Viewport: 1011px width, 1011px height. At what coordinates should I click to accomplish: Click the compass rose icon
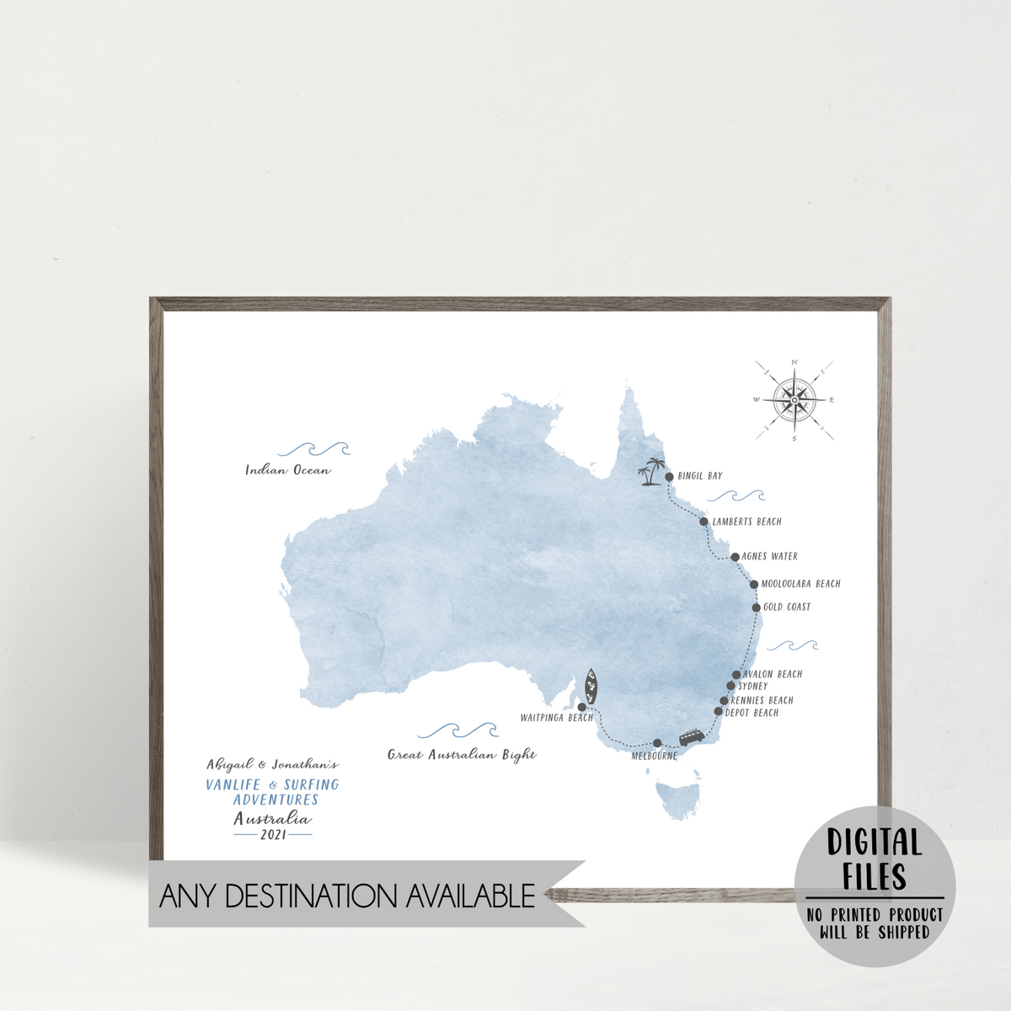pos(794,400)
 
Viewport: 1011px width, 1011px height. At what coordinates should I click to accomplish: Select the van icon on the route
pos(693,737)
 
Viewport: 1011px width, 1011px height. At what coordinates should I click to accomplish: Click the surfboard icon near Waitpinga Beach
pos(592,687)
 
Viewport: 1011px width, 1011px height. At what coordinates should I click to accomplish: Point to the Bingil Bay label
pos(700,476)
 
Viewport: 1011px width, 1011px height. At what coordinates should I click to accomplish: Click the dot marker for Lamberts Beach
pos(703,522)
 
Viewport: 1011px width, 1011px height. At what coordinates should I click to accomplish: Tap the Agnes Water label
pos(769,557)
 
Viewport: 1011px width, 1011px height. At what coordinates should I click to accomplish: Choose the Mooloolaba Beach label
pos(800,584)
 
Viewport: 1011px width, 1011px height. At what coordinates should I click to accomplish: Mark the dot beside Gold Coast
pos(757,607)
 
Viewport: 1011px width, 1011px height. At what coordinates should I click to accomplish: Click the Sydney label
pos(753,687)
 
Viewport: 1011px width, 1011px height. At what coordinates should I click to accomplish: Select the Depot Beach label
pos(752,713)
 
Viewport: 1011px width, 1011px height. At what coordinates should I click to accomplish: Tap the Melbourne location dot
pos(657,743)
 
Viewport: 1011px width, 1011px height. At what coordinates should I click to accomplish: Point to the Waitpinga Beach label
pos(556,718)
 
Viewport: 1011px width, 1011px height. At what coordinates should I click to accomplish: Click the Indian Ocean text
pos(288,470)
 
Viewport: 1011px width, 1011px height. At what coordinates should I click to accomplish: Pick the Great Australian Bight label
pos(462,755)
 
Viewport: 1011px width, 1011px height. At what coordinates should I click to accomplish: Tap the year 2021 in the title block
pos(273,835)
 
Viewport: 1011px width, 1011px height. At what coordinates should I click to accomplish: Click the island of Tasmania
pos(679,800)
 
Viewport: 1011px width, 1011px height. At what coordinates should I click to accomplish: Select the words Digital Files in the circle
pos(875,859)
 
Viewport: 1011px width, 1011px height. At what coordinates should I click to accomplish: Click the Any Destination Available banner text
pos(347,896)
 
